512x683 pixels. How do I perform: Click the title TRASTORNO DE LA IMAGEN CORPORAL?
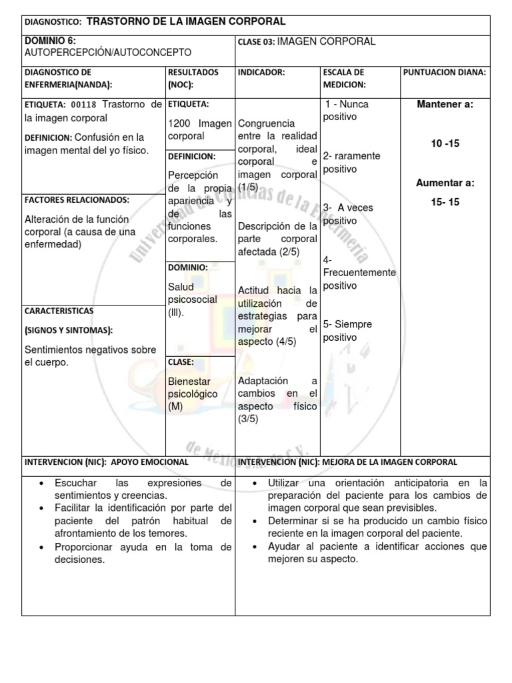click(x=186, y=22)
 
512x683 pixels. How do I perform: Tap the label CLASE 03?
click(x=255, y=42)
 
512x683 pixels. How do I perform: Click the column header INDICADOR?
click(x=261, y=72)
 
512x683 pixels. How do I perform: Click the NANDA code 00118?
click(x=81, y=105)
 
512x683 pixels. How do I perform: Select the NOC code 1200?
click(x=180, y=123)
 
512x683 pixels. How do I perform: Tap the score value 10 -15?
click(x=445, y=143)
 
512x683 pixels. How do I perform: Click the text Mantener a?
click(x=445, y=105)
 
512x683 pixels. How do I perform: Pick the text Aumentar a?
click(x=445, y=182)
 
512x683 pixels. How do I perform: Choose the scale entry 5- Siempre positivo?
click(x=347, y=331)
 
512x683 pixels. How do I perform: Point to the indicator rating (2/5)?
click(x=289, y=251)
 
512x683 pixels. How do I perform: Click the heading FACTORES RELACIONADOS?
click(x=77, y=199)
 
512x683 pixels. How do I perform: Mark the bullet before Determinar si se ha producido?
click(x=256, y=521)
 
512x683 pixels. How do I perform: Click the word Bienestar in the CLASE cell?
click(x=189, y=382)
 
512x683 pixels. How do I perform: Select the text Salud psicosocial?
click(x=192, y=293)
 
